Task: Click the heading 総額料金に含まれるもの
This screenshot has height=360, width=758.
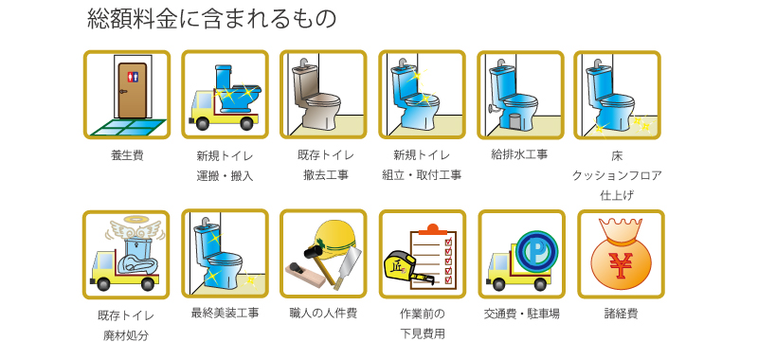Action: [210, 19]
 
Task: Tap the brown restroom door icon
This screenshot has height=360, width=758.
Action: [132, 87]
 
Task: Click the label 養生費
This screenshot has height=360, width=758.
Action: [127, 155]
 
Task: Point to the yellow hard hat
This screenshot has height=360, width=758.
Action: [334, 237]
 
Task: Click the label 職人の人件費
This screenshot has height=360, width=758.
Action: [323, 314]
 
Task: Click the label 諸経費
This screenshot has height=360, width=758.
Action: [621, 314]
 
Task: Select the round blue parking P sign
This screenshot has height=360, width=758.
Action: [536, 251]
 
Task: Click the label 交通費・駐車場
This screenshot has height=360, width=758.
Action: [521, 314]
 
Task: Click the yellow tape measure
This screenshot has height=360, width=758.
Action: [397, 266]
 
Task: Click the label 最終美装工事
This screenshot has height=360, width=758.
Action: [225, 314]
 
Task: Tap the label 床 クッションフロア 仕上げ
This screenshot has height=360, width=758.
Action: [617, 174]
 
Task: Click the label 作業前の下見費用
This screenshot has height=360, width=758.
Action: [423, 323]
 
